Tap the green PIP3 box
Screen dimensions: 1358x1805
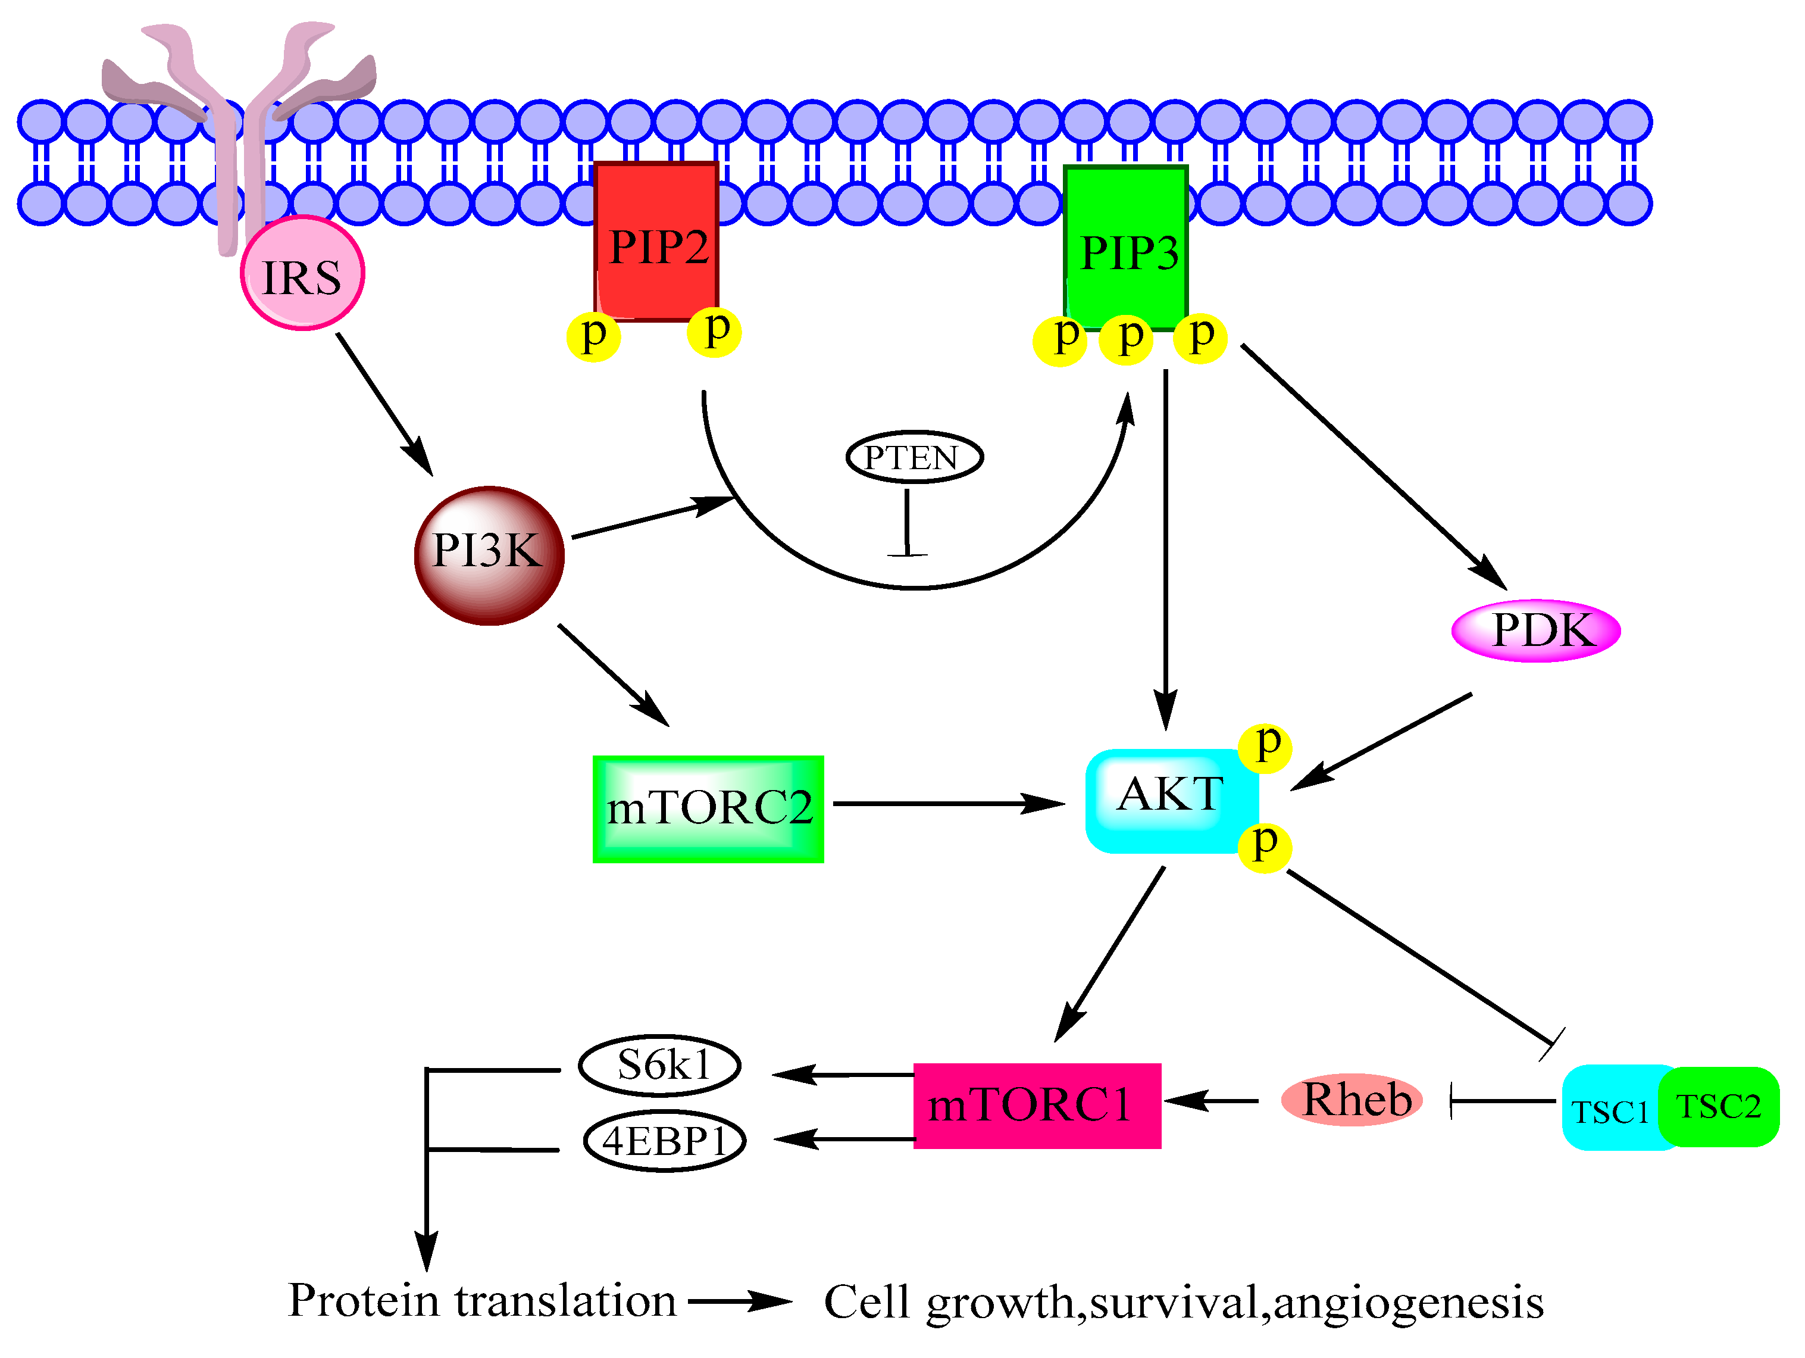pos(1126,248)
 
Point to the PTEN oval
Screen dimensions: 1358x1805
pos(914,457)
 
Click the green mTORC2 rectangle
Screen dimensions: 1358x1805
pos(708,808)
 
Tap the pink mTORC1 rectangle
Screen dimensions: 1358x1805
pos(1036,1106)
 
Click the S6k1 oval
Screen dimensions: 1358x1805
pos(659,1066)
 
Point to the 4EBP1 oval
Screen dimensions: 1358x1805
pos(664,1141)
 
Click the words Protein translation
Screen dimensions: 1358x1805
pos(481,1301)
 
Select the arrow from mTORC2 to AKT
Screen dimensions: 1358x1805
pos(947,804)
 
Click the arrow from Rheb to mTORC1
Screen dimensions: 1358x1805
pos(1212,1101)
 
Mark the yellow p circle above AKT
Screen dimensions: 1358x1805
pos(1265,747)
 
